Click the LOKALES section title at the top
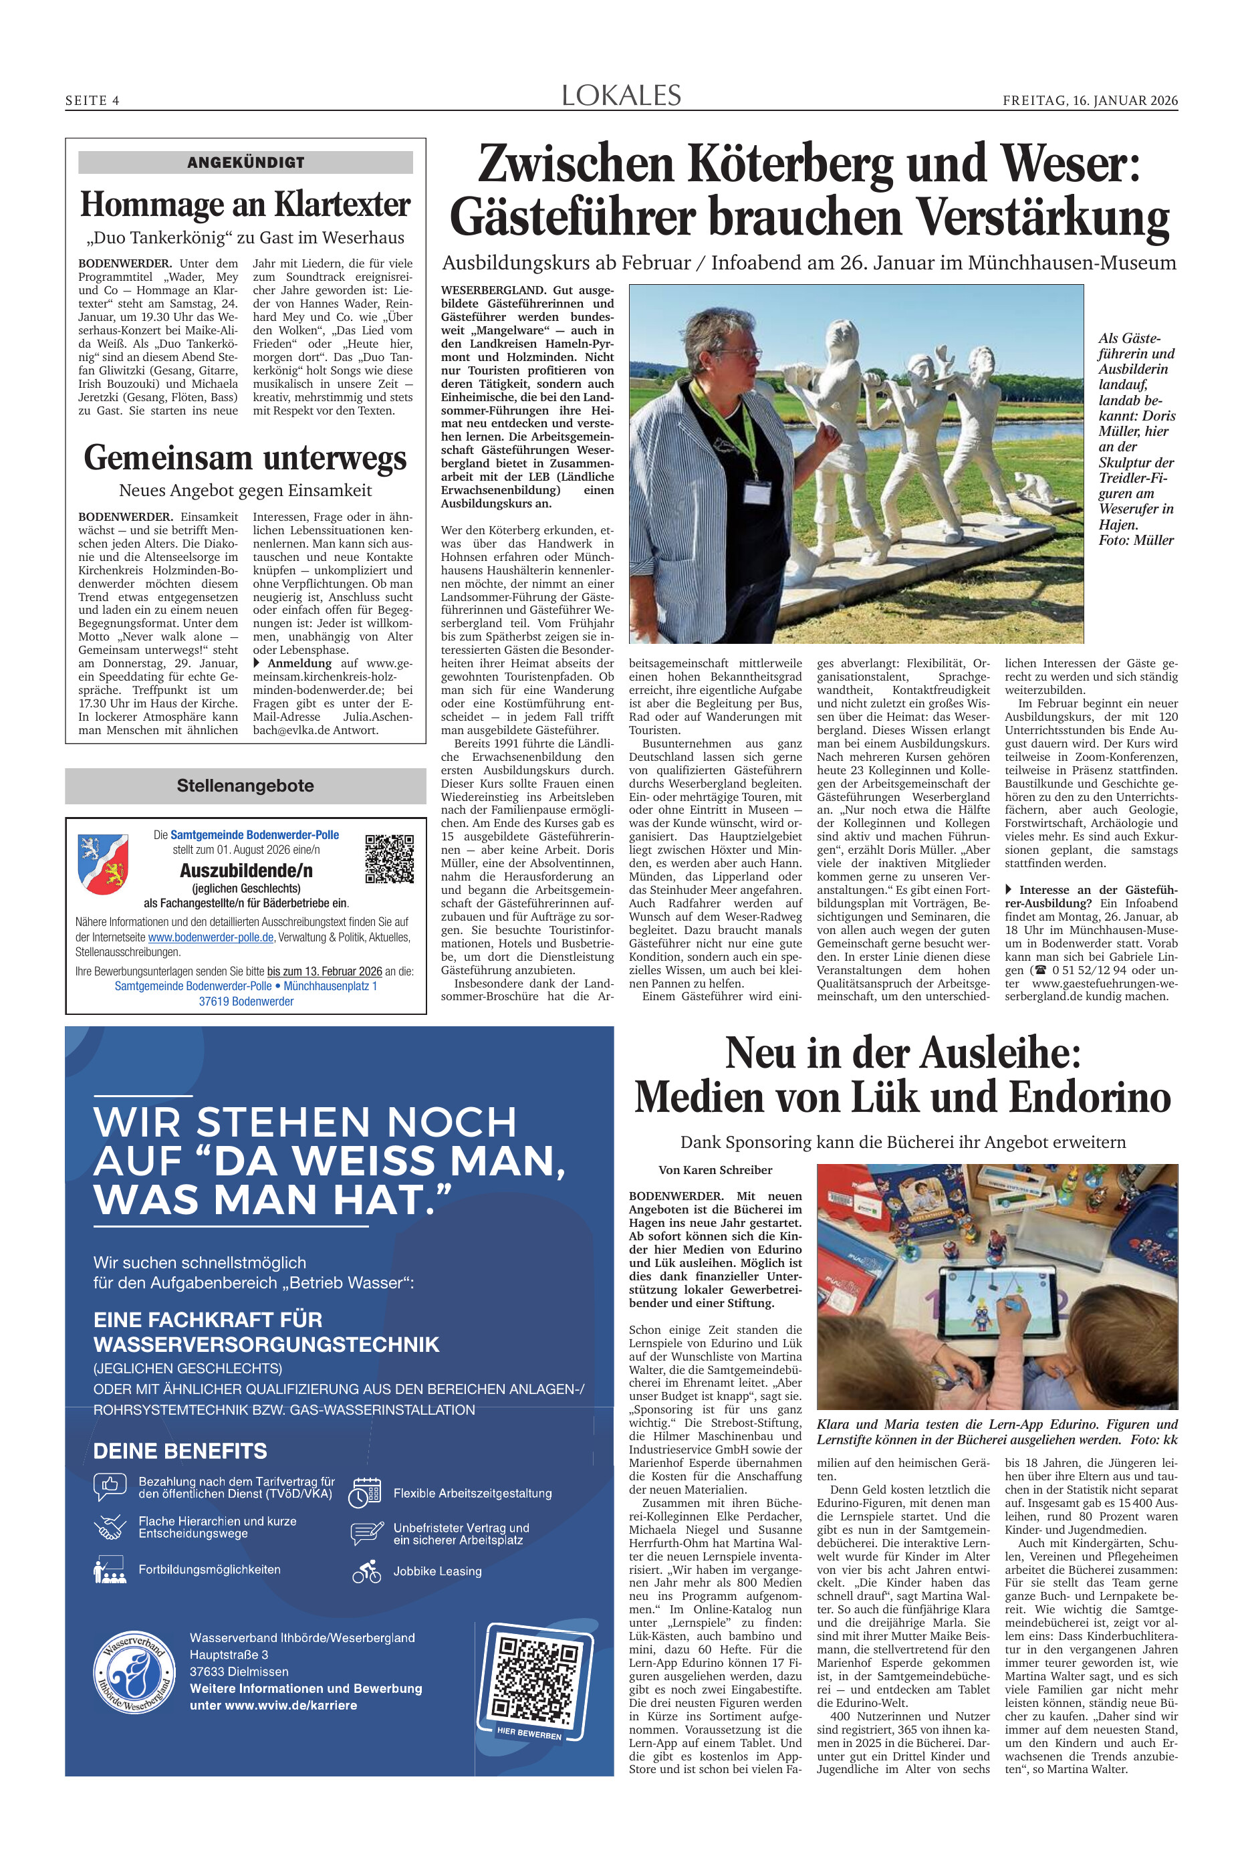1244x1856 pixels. tap(621, 96)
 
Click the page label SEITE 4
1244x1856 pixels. tap(92, 101)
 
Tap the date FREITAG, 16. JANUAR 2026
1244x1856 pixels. tap(1090, 101)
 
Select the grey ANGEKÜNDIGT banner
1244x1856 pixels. tap(245, 162)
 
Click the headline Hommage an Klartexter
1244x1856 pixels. tap(245, 204)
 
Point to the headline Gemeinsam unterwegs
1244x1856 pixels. tap(245, 458)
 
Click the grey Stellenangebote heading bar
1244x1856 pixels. tap(245, 786)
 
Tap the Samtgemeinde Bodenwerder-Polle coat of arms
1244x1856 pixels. tap(103, 863)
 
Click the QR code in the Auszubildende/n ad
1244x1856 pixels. tap(389, 858)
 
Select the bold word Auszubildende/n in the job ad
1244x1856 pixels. tap(246, 871)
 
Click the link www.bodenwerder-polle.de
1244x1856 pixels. tap(211, 937)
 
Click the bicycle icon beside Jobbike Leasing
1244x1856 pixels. tap(366, 1571)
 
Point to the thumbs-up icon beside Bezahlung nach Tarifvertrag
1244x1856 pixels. tap(110, 1486)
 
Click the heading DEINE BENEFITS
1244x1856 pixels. tap(180, 1451)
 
